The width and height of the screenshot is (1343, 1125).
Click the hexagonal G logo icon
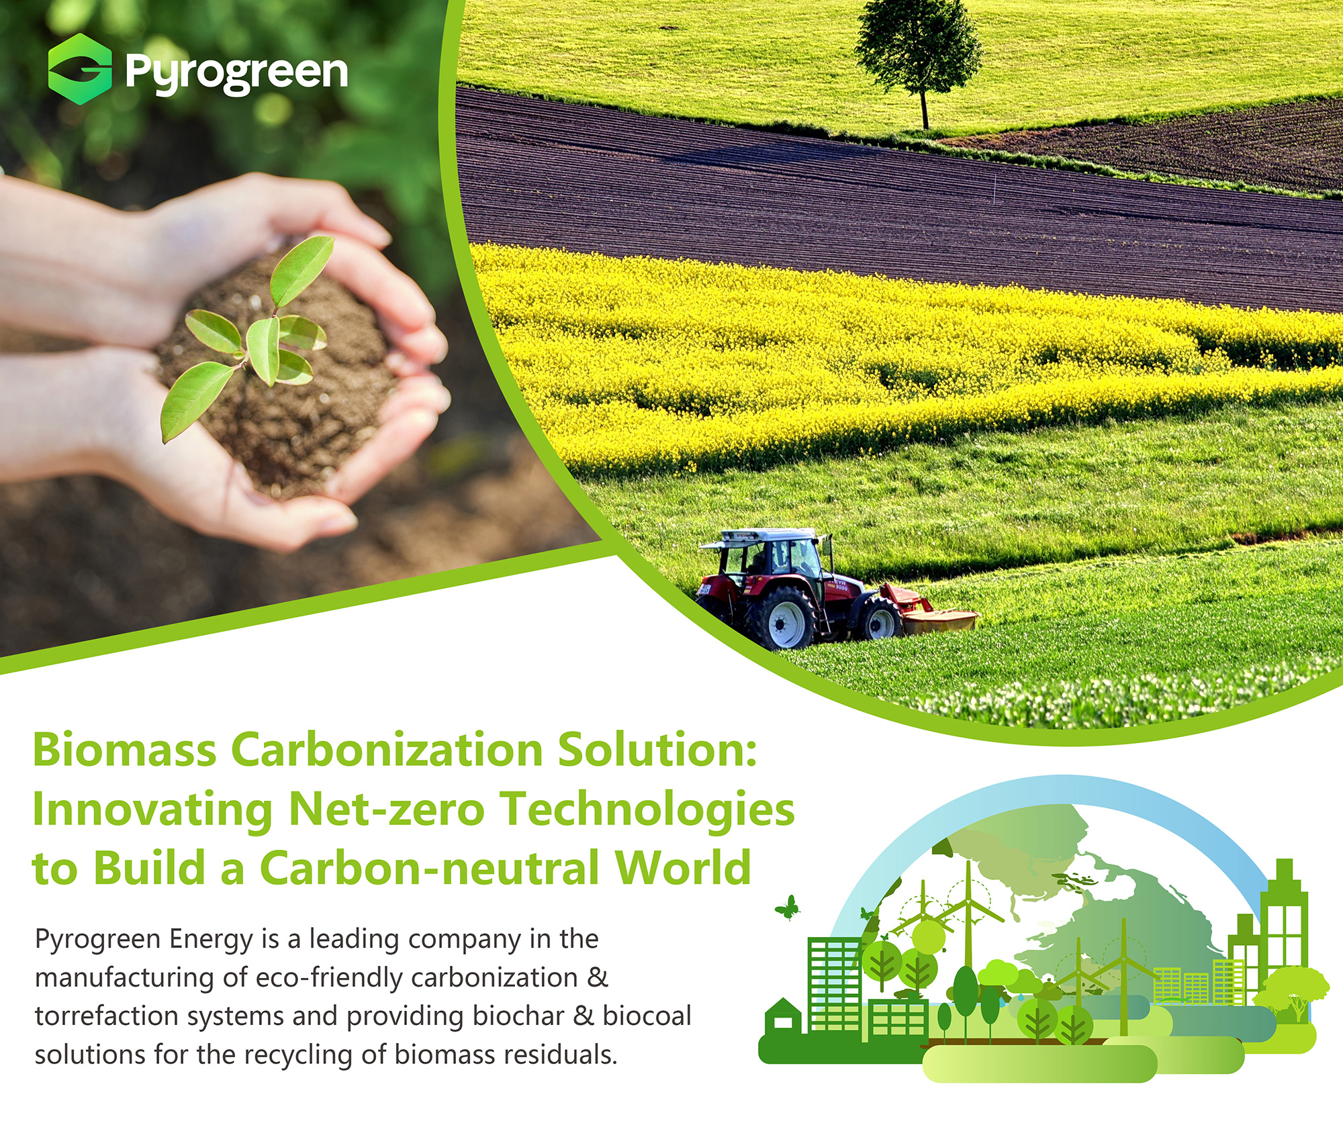pos(80,68)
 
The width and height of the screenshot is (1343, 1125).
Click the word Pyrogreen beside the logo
pos(236,73)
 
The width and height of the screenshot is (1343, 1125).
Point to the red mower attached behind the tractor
pos(931,610)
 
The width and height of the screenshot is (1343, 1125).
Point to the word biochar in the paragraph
pos(518,1016)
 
